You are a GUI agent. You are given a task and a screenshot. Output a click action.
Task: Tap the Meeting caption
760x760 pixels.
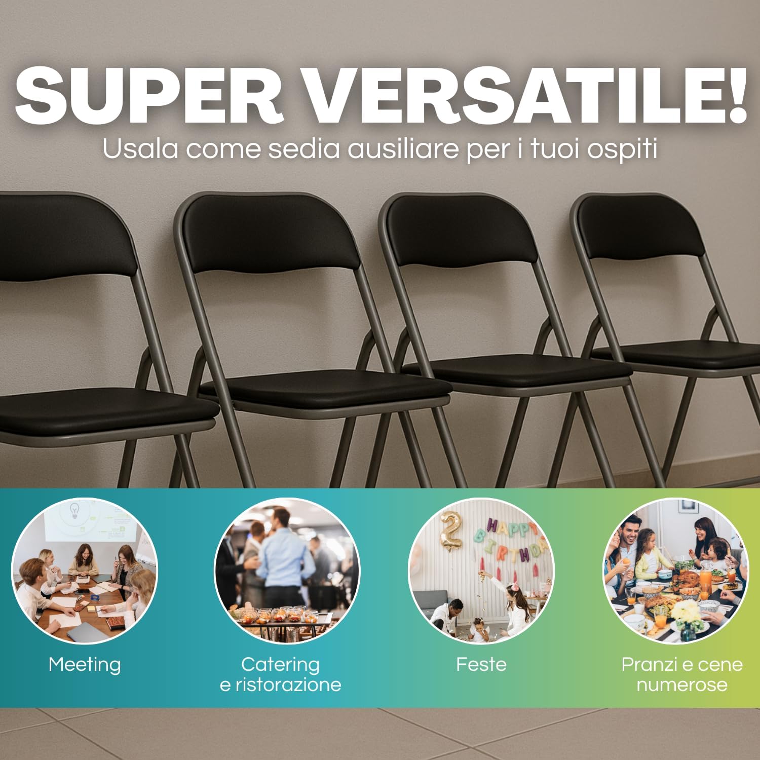tap(85, 664)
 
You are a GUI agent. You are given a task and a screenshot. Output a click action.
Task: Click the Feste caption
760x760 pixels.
tap(481, 664)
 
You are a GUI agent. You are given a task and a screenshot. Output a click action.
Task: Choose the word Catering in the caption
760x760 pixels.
tap(280, 664)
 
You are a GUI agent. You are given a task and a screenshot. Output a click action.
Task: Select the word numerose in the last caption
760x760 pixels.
tap(681, 685)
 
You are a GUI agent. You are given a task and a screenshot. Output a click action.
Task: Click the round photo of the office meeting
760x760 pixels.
tap(85, 571)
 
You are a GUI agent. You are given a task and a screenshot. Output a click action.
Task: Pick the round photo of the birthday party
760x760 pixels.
tap(481, 571)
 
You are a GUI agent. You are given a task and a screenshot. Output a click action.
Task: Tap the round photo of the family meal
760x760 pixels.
tap(675, 571)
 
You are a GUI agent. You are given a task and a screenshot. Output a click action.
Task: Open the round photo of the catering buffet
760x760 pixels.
tap(287, 571)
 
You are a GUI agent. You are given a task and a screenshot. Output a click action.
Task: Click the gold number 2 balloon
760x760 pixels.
tap(451, 529)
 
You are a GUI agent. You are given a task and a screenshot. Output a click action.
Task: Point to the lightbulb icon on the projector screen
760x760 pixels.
tap(74, 510)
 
